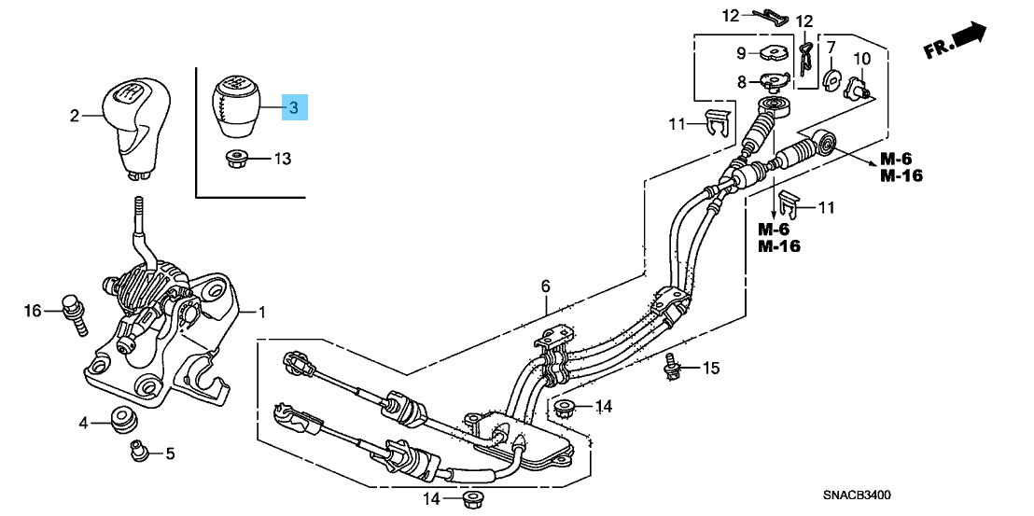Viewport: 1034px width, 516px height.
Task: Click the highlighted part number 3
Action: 293,108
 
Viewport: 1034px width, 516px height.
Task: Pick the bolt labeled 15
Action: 670,370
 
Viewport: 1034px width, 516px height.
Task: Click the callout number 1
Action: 261,312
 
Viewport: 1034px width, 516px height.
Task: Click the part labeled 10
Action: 857,89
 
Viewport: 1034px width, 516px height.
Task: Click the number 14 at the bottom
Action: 430,499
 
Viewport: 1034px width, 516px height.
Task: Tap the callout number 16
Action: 33,311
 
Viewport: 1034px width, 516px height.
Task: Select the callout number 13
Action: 282,159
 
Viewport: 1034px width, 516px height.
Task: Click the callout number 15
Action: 711,369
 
